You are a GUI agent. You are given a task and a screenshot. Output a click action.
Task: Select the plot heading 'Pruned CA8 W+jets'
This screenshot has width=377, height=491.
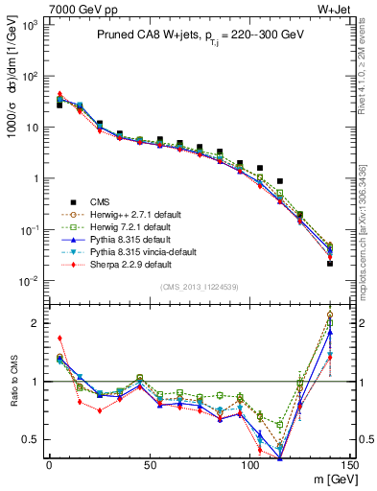click(145, 34)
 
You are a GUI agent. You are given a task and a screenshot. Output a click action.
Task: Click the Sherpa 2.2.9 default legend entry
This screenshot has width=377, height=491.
click(123, 264)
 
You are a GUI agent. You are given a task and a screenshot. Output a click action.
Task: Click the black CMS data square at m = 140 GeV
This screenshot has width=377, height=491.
click(330, 263)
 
